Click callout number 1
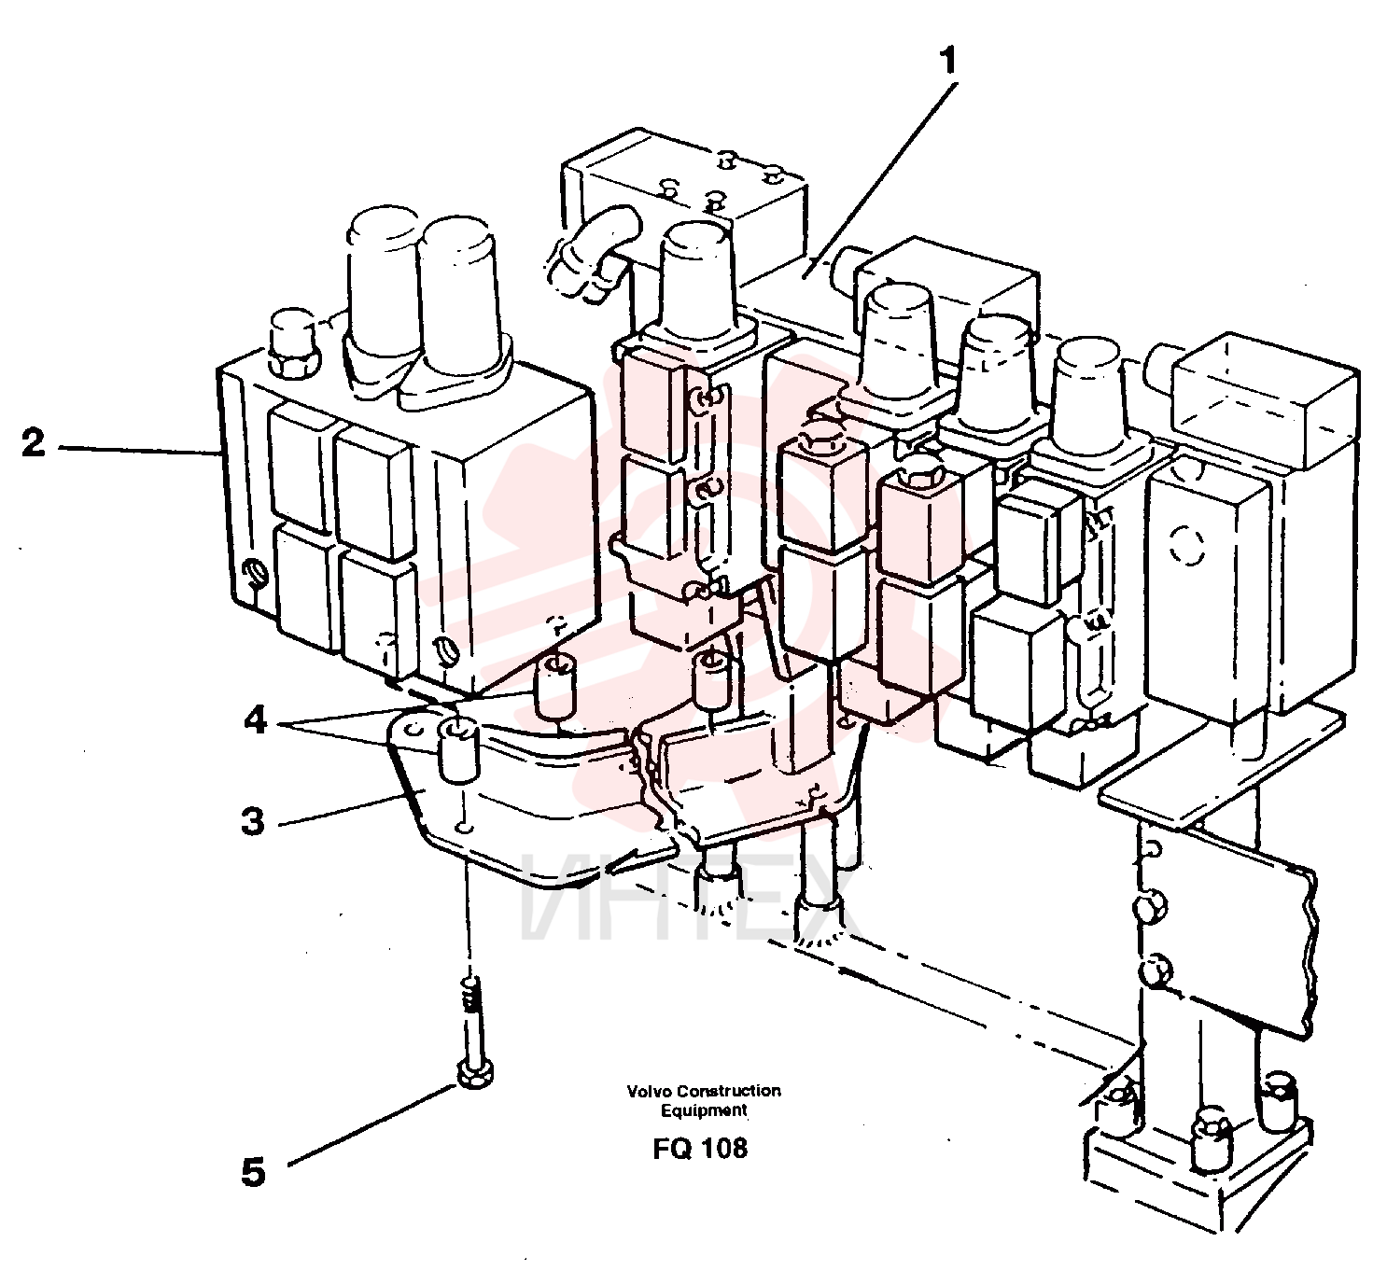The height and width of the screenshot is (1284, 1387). point(946,63)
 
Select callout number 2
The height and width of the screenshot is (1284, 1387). point(33,442)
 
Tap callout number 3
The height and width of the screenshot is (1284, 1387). point(253,821)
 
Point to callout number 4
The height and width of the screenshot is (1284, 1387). point(256,719)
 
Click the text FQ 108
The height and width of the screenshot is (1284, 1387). point(700,1149)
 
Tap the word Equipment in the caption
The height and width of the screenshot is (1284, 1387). point(704,1110)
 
